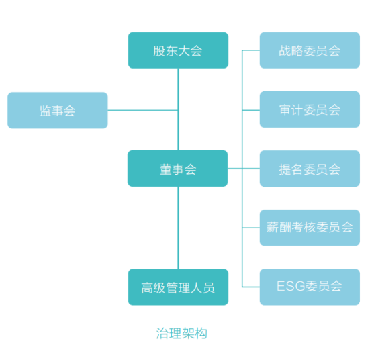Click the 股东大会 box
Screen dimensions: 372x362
tap(178, 50)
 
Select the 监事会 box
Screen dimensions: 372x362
tap(58, 110)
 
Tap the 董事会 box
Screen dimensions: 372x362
tap(178, 169)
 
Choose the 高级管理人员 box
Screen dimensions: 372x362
tap(178, 287)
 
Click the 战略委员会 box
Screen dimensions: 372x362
tap(310, 50)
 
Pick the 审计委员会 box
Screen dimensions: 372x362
tap(310, 109)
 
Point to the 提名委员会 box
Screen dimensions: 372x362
tap(310, 169)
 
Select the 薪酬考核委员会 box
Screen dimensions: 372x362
tap(310, 228)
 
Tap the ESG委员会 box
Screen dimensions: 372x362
tap(310, 287)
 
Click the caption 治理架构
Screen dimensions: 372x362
tap(182, 333)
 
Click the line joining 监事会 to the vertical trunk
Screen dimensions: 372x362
tap(143, 110)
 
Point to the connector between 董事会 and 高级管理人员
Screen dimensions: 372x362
tap(178, 228)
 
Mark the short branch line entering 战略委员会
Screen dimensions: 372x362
tap(251, 50)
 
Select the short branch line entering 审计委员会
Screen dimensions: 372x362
tap(251, 110)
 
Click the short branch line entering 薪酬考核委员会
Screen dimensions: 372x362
tap(251, 228)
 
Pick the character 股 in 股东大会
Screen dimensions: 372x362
tap(159, 51)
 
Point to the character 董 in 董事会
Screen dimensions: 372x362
tap(166, 169)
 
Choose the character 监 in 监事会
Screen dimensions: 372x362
tap(46, 111)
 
